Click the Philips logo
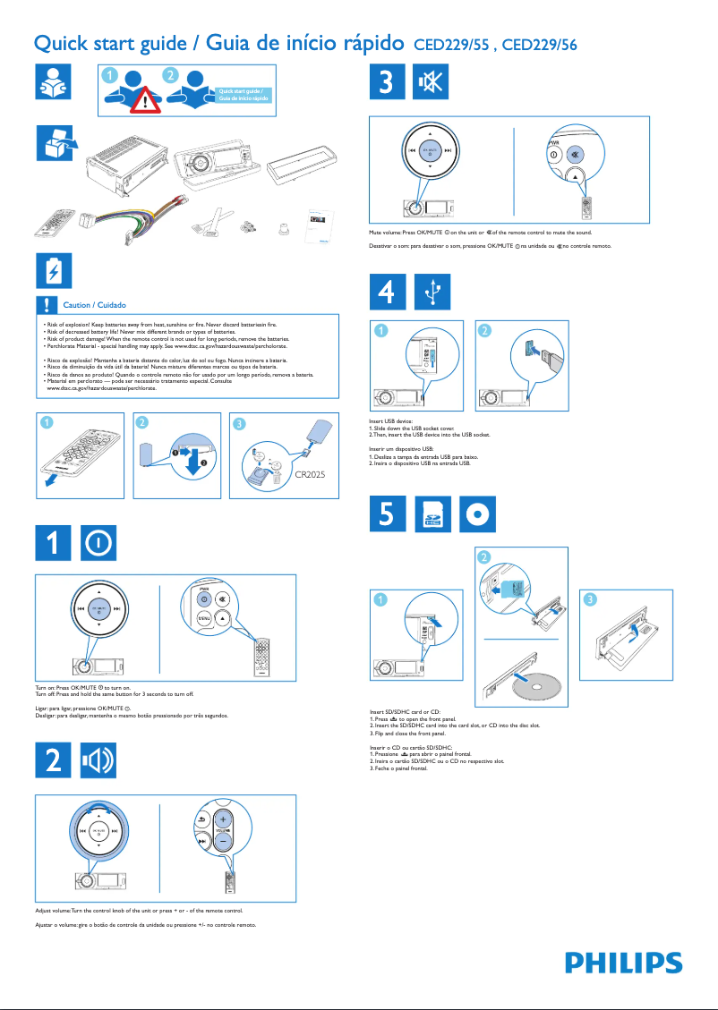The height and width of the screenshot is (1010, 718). click(x=623, y=963)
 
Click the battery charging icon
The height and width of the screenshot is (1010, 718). click(x=56, y=270)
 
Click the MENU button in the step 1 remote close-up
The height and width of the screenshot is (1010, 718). click(x=204, y=619)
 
